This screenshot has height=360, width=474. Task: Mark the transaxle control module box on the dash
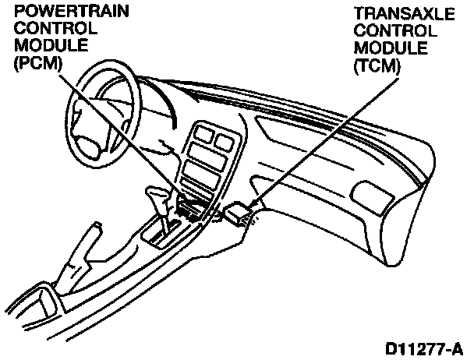coord(238,212)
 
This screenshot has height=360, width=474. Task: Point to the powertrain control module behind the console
coord(190,207)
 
